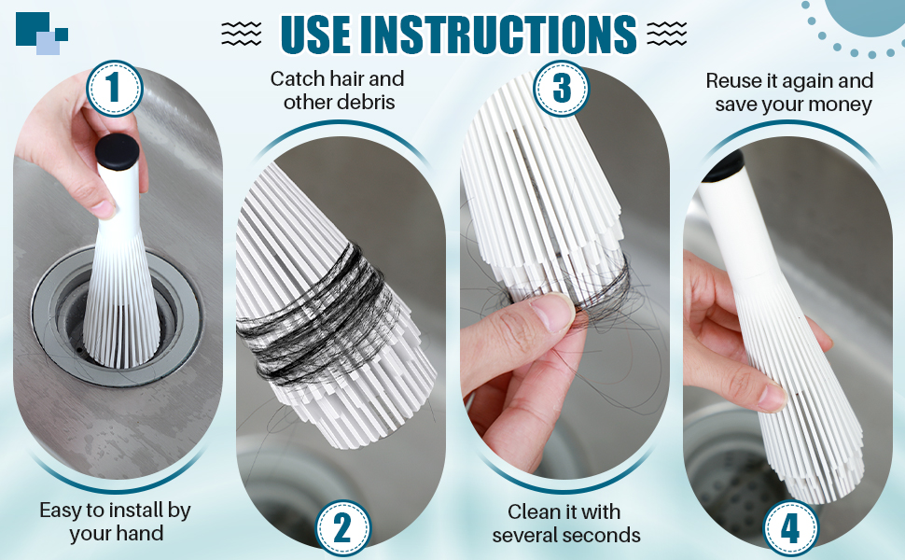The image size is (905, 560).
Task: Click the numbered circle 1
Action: tap(114, 89)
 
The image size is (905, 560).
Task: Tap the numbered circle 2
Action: tap(342, 527)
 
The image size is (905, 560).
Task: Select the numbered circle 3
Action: tap(561, 89)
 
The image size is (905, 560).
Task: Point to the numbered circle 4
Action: tap(791, 527)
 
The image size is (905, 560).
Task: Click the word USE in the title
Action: tap(316, 34)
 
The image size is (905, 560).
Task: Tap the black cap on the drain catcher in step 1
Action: tap(118, 150)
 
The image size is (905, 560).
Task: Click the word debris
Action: tap(368, 102)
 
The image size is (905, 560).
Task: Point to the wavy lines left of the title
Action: tap(242, 34)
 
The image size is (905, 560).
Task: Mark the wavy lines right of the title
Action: tap(667, 34)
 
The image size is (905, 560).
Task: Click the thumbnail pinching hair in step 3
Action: tap(553, 313)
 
